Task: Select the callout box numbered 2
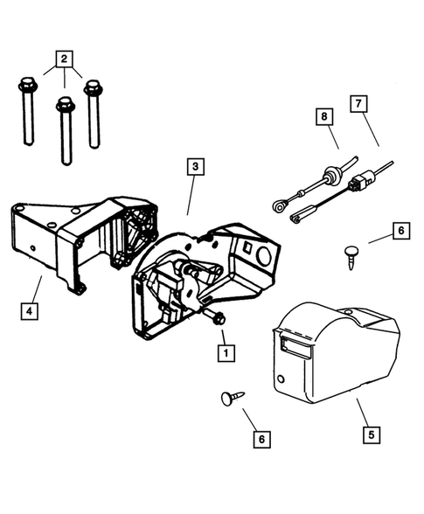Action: pos(62,59)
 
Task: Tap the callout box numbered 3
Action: pos(196,166)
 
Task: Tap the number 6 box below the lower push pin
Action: pos(260,439)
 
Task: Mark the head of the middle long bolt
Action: pos(64,106)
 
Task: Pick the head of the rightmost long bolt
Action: pos(92,87)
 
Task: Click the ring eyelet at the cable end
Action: pos(277,207)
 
